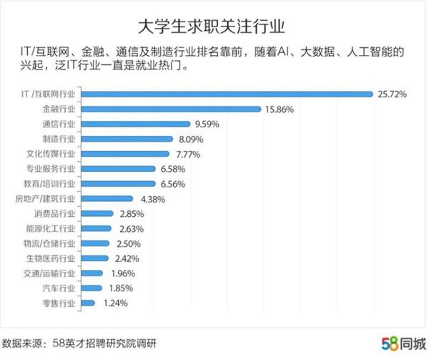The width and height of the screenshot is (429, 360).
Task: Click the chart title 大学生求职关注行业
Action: click(x=211, y=26)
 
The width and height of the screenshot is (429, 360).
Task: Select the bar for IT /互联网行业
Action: click(x=227, y=94)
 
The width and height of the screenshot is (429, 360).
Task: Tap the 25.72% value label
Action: click(x=392, y=94)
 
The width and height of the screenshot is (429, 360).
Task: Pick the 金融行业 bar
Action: click(x=172, y=110)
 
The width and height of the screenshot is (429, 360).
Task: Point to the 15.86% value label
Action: click(x=280, y=110)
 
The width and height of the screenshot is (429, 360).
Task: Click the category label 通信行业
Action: click(x=59, y=124)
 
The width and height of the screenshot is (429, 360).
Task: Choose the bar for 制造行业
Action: click(x=127, y=139)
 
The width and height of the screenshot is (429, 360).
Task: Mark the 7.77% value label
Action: click(x=188, y=155)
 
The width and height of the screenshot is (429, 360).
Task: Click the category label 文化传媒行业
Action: click(x=51, y=154)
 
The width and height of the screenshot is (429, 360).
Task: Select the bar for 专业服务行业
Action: click(x=118, y=169)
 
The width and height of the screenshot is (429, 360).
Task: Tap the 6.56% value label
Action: click(x=173, y=184)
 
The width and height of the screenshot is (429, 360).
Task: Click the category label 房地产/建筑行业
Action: click(x=45, y=198)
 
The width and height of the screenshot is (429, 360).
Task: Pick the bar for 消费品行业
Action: click(x=97, y=213)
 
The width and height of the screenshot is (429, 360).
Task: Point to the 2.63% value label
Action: click(x=132, y=229)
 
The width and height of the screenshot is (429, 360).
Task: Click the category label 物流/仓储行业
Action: click(x=49, y=243)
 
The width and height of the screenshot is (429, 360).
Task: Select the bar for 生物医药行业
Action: click(x=94, y=258)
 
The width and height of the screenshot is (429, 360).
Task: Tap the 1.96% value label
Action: click(x=123, y=273)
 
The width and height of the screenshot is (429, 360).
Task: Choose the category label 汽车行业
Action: click(x=59, y=288)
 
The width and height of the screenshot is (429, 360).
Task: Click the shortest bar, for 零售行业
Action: click(x=88, y=303)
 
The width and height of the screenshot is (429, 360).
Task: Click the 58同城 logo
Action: click(x=404, y=344)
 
